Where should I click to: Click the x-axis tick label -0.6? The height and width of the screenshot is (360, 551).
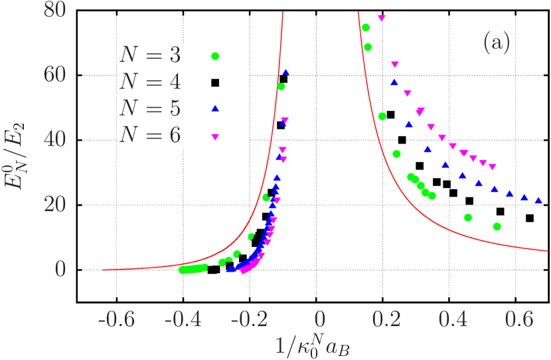[x=116, y=319]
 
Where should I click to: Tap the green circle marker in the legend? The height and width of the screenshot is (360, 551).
[x=214, y=56]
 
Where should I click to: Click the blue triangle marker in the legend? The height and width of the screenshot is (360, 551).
[x=214, y=108]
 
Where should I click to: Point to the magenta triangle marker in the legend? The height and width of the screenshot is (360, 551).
[x=214, y=136]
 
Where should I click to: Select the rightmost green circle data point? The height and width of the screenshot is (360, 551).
[x=497, y=226]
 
